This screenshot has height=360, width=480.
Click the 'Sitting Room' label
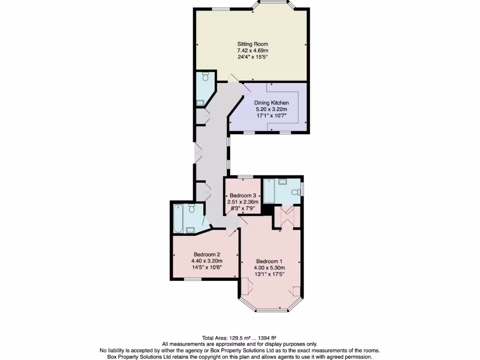pyautogui.click(x=252, y=44)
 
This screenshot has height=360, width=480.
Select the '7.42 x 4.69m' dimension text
pyautogui.click(x=252, y=51)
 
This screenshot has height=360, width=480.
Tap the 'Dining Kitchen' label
pyautogui.click(x=271, y=103)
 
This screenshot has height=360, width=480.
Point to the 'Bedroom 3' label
pyautogui.click(x=243, y=195)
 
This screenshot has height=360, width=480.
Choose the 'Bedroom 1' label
pyautogui.click(x=270, y=261)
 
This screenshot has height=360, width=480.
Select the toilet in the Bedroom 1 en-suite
pyautogui.click(x=295, y=192)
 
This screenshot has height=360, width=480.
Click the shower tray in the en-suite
pyautogui.click(x=271, y=191)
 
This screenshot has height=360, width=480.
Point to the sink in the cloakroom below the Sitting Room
pyautogui.click(x=201, y=102)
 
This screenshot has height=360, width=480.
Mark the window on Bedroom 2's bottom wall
pyautogui.click(x=192, y=279)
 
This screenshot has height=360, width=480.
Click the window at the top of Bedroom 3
pyautogui.click(x=243, y=177)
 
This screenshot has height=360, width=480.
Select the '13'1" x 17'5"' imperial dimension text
pyautogui.click(x=270, y=274)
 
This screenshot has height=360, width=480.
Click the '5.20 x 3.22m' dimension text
pyautogui.click(x=271, y=109)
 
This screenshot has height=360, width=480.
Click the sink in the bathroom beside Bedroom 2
pyautogui.click(x=191, y=230)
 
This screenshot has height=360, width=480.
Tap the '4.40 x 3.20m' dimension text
pyautogui.click(x=207, y=261)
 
